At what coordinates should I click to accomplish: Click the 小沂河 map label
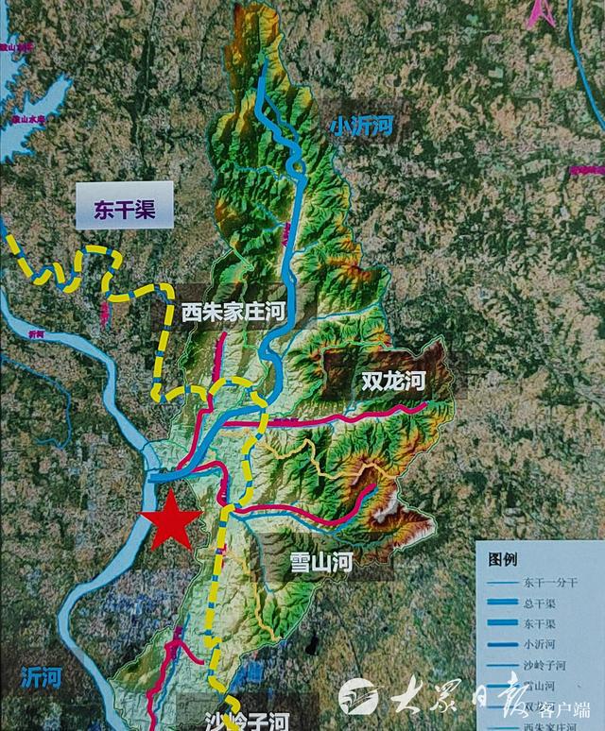(x=363, y=126)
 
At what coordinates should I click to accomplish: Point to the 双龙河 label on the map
(x=394, y=382)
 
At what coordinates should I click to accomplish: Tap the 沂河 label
(x=40, y=677)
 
